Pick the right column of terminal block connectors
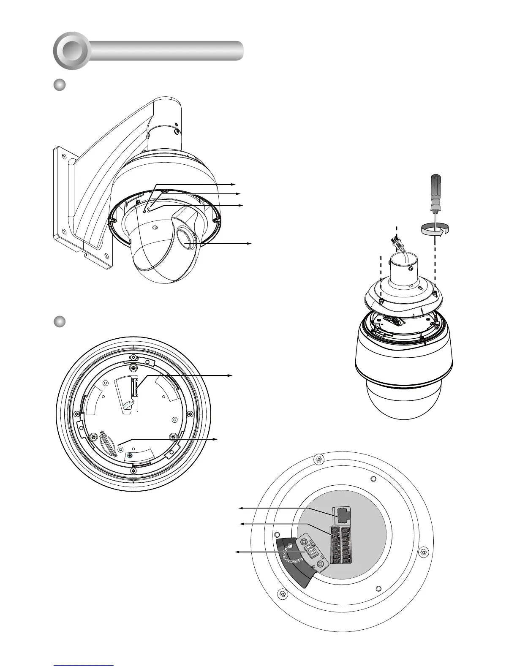[x=346, y=545]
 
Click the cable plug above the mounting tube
[x=396, y=245]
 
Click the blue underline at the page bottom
[x=84, y=665]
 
